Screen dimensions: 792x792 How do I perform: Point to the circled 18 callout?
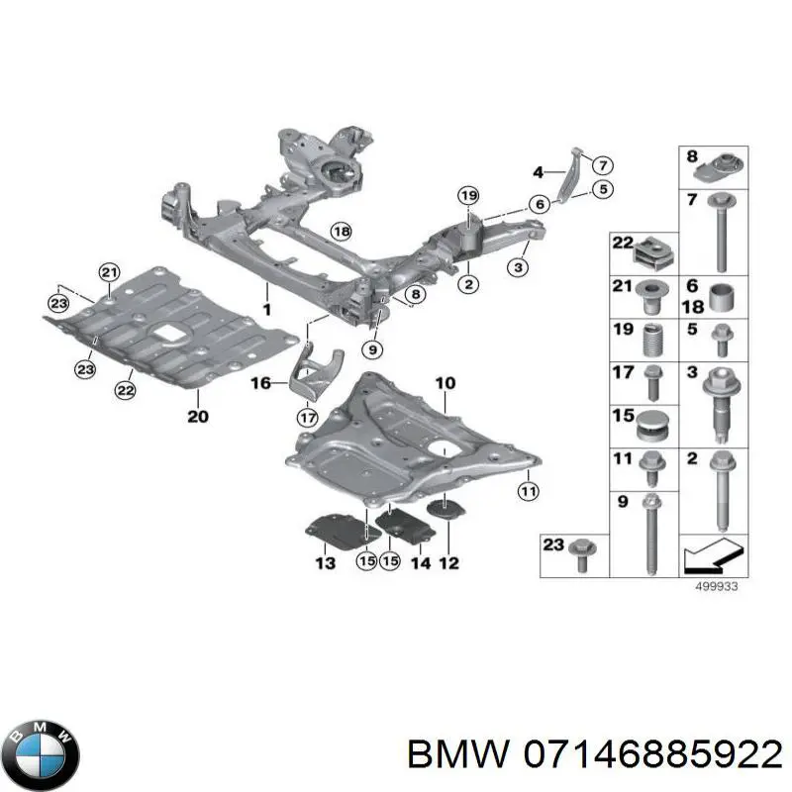[341, 232]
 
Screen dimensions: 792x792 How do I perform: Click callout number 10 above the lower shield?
[445, 382]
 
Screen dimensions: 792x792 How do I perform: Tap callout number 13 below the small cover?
[326, 562]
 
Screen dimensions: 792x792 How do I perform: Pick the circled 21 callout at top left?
[109, 273]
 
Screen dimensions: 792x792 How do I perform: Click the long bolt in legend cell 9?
[650, 535]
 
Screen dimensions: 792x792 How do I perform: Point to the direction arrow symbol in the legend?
[711, 558]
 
